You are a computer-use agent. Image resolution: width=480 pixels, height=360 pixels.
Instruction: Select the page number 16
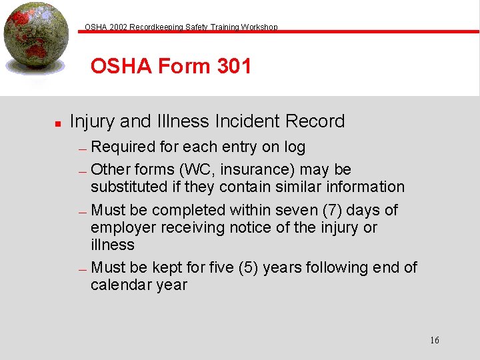click(x=435, y=341)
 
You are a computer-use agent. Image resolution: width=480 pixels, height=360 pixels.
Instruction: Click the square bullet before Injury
click(x=58, y=123)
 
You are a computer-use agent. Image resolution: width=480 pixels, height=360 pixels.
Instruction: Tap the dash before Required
click(x=83, y=149)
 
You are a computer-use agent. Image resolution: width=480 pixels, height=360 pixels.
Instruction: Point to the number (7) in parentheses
click(x=333, y=211)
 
